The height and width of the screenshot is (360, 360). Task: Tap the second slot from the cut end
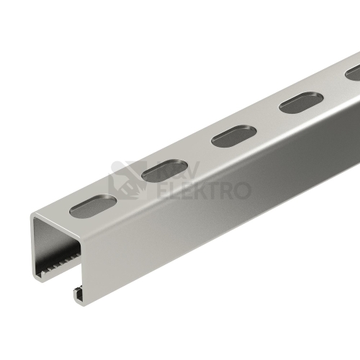pos(164,170)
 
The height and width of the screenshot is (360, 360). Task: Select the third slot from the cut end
pos(235,136)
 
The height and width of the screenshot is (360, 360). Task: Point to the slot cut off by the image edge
pos(353,73)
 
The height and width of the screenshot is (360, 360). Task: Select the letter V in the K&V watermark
pos(189,170)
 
